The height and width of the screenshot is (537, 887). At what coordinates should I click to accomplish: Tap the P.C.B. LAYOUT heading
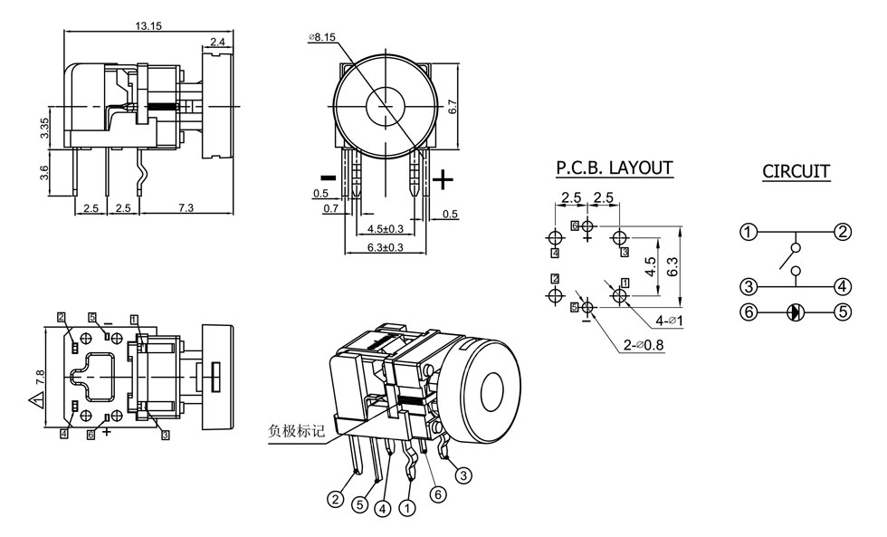(615, 168)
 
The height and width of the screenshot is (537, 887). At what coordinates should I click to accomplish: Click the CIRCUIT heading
(796, 171)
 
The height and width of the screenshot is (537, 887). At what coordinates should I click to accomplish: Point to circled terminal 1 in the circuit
(748, 232)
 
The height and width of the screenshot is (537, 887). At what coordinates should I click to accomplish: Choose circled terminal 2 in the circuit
(843, 232)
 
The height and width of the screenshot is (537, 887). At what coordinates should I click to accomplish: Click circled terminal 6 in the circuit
(748, 312)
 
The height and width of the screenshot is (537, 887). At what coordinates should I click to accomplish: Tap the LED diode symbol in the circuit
(795, 312)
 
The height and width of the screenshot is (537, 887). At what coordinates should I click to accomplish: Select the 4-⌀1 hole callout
(671, 321)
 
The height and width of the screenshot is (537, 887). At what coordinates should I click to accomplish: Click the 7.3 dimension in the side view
(186, 208)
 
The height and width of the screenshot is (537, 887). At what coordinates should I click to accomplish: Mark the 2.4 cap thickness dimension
(218, 42)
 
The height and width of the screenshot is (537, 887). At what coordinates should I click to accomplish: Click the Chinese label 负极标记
(294, 430)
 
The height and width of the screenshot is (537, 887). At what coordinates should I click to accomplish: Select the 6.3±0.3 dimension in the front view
(385, 247)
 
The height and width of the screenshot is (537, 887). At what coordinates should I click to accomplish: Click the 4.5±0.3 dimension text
(385, 228)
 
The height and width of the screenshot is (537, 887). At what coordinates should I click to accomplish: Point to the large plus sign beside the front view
(443, 179)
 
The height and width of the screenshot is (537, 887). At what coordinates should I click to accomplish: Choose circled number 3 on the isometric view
(463, 474)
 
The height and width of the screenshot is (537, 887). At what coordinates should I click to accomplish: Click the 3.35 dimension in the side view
(44, 129)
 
